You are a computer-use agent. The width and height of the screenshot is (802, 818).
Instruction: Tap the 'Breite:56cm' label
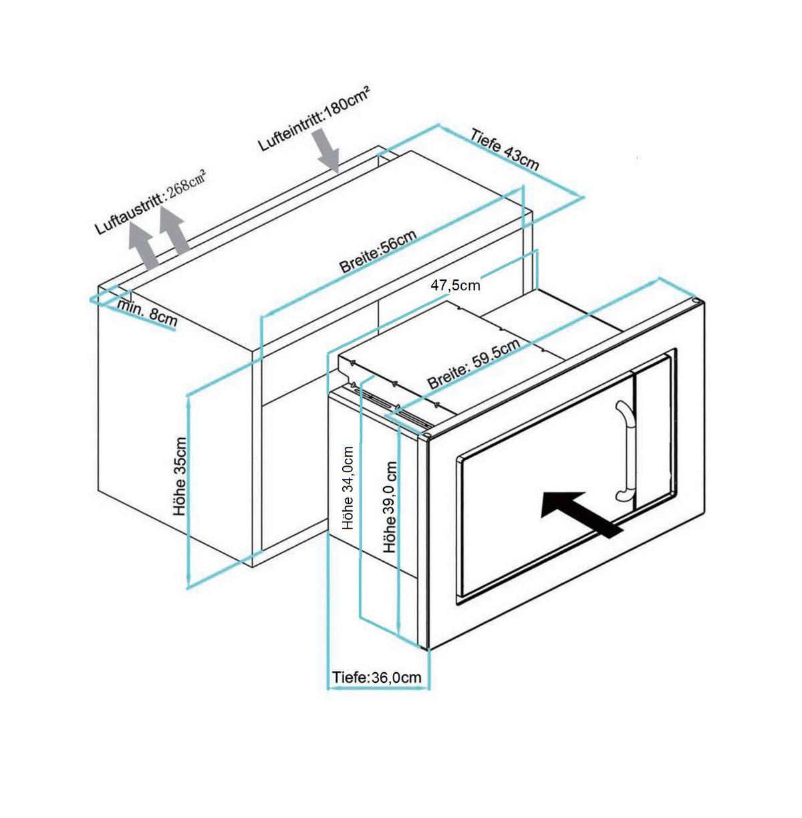[378, 251]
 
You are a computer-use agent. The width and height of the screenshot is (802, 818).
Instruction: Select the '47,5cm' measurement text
[455, 286]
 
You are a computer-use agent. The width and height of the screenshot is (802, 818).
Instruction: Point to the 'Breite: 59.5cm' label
[473, 365]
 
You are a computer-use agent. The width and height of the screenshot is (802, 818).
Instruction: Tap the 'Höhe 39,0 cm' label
[390, 506]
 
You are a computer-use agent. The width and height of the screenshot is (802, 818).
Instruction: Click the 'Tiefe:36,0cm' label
[377, 678]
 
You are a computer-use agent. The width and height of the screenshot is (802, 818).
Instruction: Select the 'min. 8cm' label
[147, 312]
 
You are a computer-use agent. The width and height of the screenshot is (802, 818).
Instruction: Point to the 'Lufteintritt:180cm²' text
[314, 118]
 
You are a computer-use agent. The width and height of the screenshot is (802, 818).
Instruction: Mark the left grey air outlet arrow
[142, 245]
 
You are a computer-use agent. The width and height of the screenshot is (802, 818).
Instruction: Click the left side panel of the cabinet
[174, 428]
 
